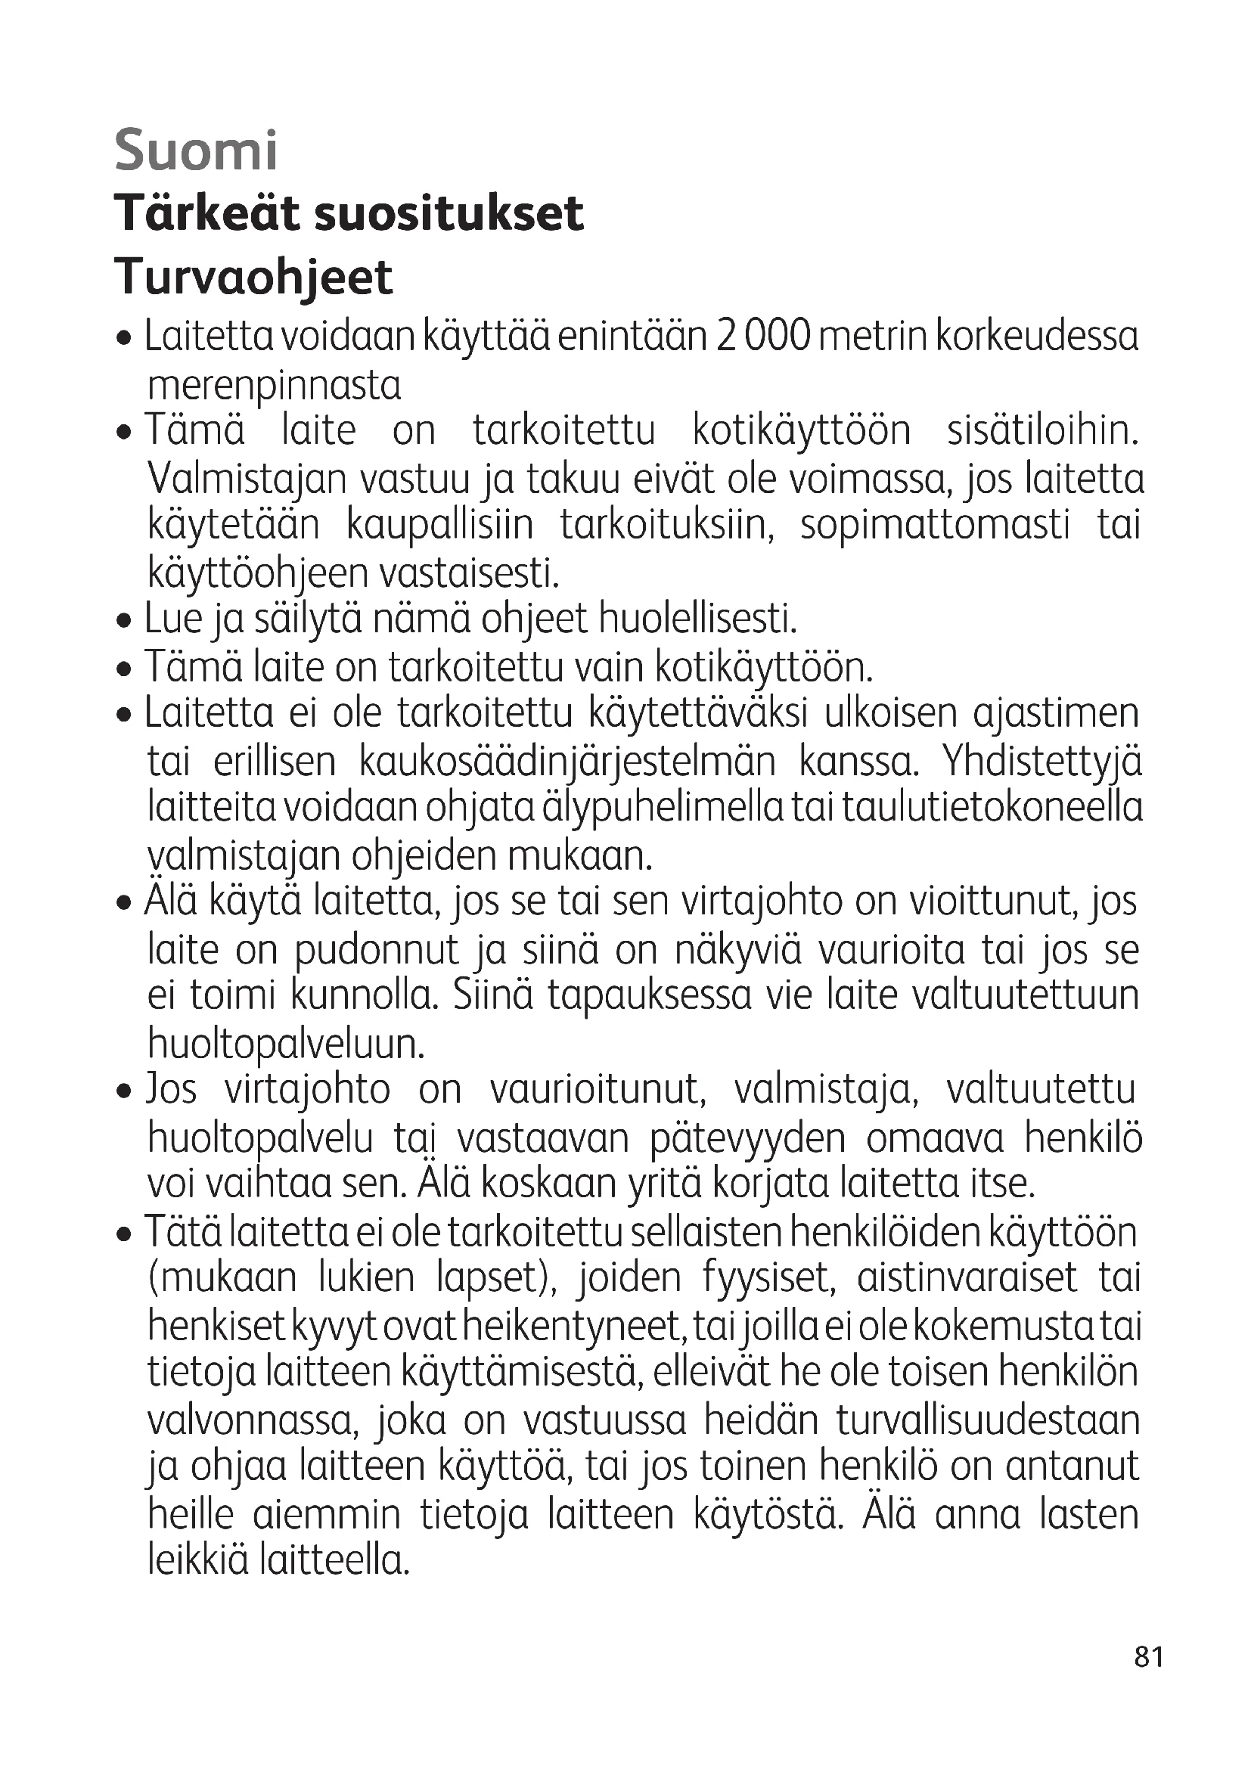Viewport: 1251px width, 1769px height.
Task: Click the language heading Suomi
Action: [196, 151]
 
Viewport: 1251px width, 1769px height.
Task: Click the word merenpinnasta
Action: [275, 386]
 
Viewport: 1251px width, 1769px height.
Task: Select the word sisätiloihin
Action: [1042, 430]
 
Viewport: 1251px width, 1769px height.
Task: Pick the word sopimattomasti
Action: [935, 526]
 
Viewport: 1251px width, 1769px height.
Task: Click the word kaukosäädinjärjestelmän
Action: [567, 762]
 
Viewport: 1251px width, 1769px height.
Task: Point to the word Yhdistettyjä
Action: [1041, 762]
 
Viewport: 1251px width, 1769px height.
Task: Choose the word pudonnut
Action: [377, 951]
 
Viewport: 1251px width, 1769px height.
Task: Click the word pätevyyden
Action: [748, 1140]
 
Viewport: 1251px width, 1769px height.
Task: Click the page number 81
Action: [1149, 1678]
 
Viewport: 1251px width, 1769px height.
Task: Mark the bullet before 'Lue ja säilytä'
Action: [123, 621]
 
